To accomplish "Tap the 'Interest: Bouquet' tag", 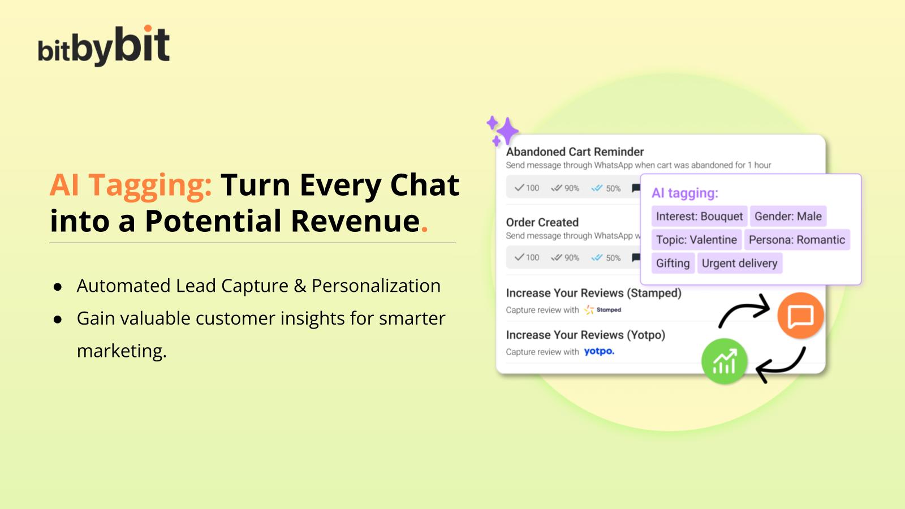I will tap(699, 216).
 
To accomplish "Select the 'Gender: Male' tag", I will tap(788, 216).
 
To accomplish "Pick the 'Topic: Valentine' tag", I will tap(696, 240).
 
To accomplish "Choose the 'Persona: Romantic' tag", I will tap(796, 240).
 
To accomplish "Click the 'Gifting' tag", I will tap(673, 263).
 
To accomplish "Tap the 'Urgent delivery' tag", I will tap(739, 263).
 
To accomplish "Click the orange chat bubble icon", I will tap(800, 316).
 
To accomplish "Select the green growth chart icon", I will tap(724, 361).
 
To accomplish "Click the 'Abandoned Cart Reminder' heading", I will tap(575, 152).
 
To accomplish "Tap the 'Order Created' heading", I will tap(542, 222).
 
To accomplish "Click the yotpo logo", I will tap(599, 351).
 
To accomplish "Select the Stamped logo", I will tap(603, 310).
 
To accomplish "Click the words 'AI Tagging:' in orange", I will tap(131, 185).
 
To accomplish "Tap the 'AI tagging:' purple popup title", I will tap(684, 193).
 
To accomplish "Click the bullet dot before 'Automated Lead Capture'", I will tap(57, 287).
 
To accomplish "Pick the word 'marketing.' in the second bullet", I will tap(122, 351).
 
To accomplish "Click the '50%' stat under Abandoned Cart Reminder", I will tap(606, 188).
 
